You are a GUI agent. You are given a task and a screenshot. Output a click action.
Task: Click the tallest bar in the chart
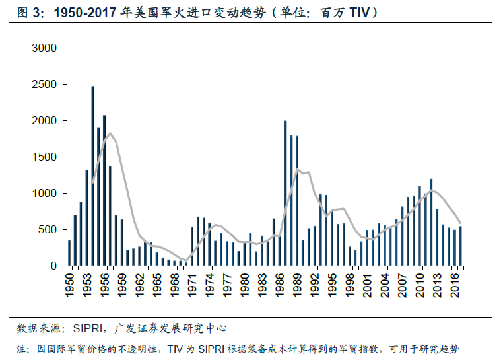[92, 176]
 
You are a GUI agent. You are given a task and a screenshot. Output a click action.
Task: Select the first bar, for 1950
[69, 253]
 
